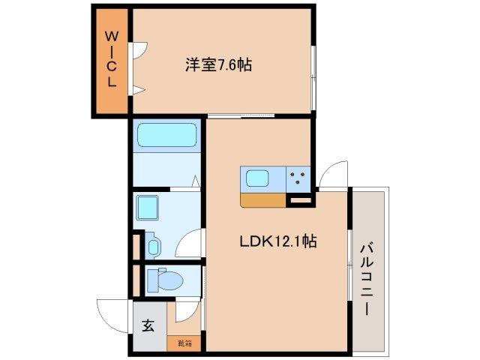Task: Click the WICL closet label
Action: click(111, 60)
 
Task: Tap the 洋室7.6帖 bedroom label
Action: click(218, 65)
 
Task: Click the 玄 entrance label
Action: click(148, 325)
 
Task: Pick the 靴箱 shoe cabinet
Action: click(184, 343)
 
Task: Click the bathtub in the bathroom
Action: click(166, 136)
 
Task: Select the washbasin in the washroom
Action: click(154, 245)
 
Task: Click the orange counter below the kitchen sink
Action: click(263, 200)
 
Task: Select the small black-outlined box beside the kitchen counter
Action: click(299, 200)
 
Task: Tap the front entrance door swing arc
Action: click(111, 313)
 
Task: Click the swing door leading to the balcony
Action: click(333, 175)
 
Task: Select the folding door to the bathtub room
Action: click(193, 182)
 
